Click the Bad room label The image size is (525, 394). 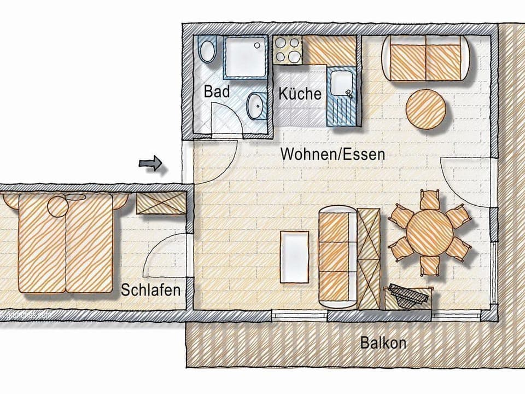pos(217,91)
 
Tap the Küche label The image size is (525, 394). pos(300,93)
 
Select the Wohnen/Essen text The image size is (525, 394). pos(332,154)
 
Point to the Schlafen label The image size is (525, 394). pos(150,289)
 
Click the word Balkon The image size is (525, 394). pos(383,343)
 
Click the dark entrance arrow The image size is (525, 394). pos(151,163)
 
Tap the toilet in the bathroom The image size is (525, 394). pos(207,51)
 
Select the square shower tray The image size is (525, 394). pos(244,57)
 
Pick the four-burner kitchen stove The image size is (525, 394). pos(287,50)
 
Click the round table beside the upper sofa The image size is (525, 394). pos(426,109)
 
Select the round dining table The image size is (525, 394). pos(430,230)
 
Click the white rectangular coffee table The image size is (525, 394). pos(294,257)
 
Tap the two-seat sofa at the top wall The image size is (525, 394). pos(425,59)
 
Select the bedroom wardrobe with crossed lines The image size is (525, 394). pos(160,202)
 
